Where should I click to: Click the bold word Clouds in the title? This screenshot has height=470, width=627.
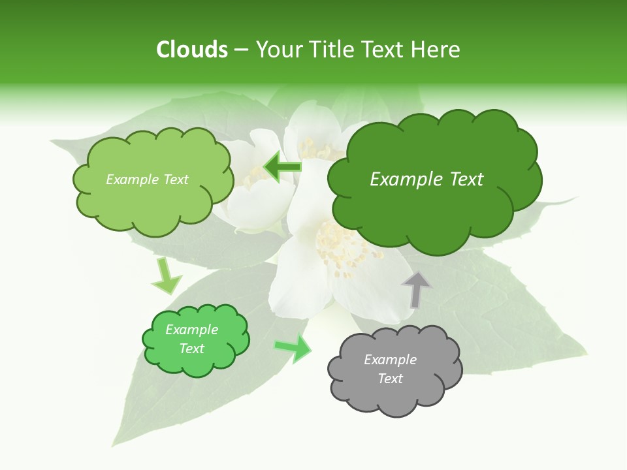point(192,50)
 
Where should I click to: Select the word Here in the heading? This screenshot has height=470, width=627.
point(437,50)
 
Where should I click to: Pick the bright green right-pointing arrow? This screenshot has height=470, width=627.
point(293,349)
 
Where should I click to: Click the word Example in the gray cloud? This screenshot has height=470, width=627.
point(390,360)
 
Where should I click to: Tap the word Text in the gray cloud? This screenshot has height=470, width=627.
point(390,379)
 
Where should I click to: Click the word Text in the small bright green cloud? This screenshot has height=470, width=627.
point(191,349)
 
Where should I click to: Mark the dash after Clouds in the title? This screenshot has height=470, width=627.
point(241,50)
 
